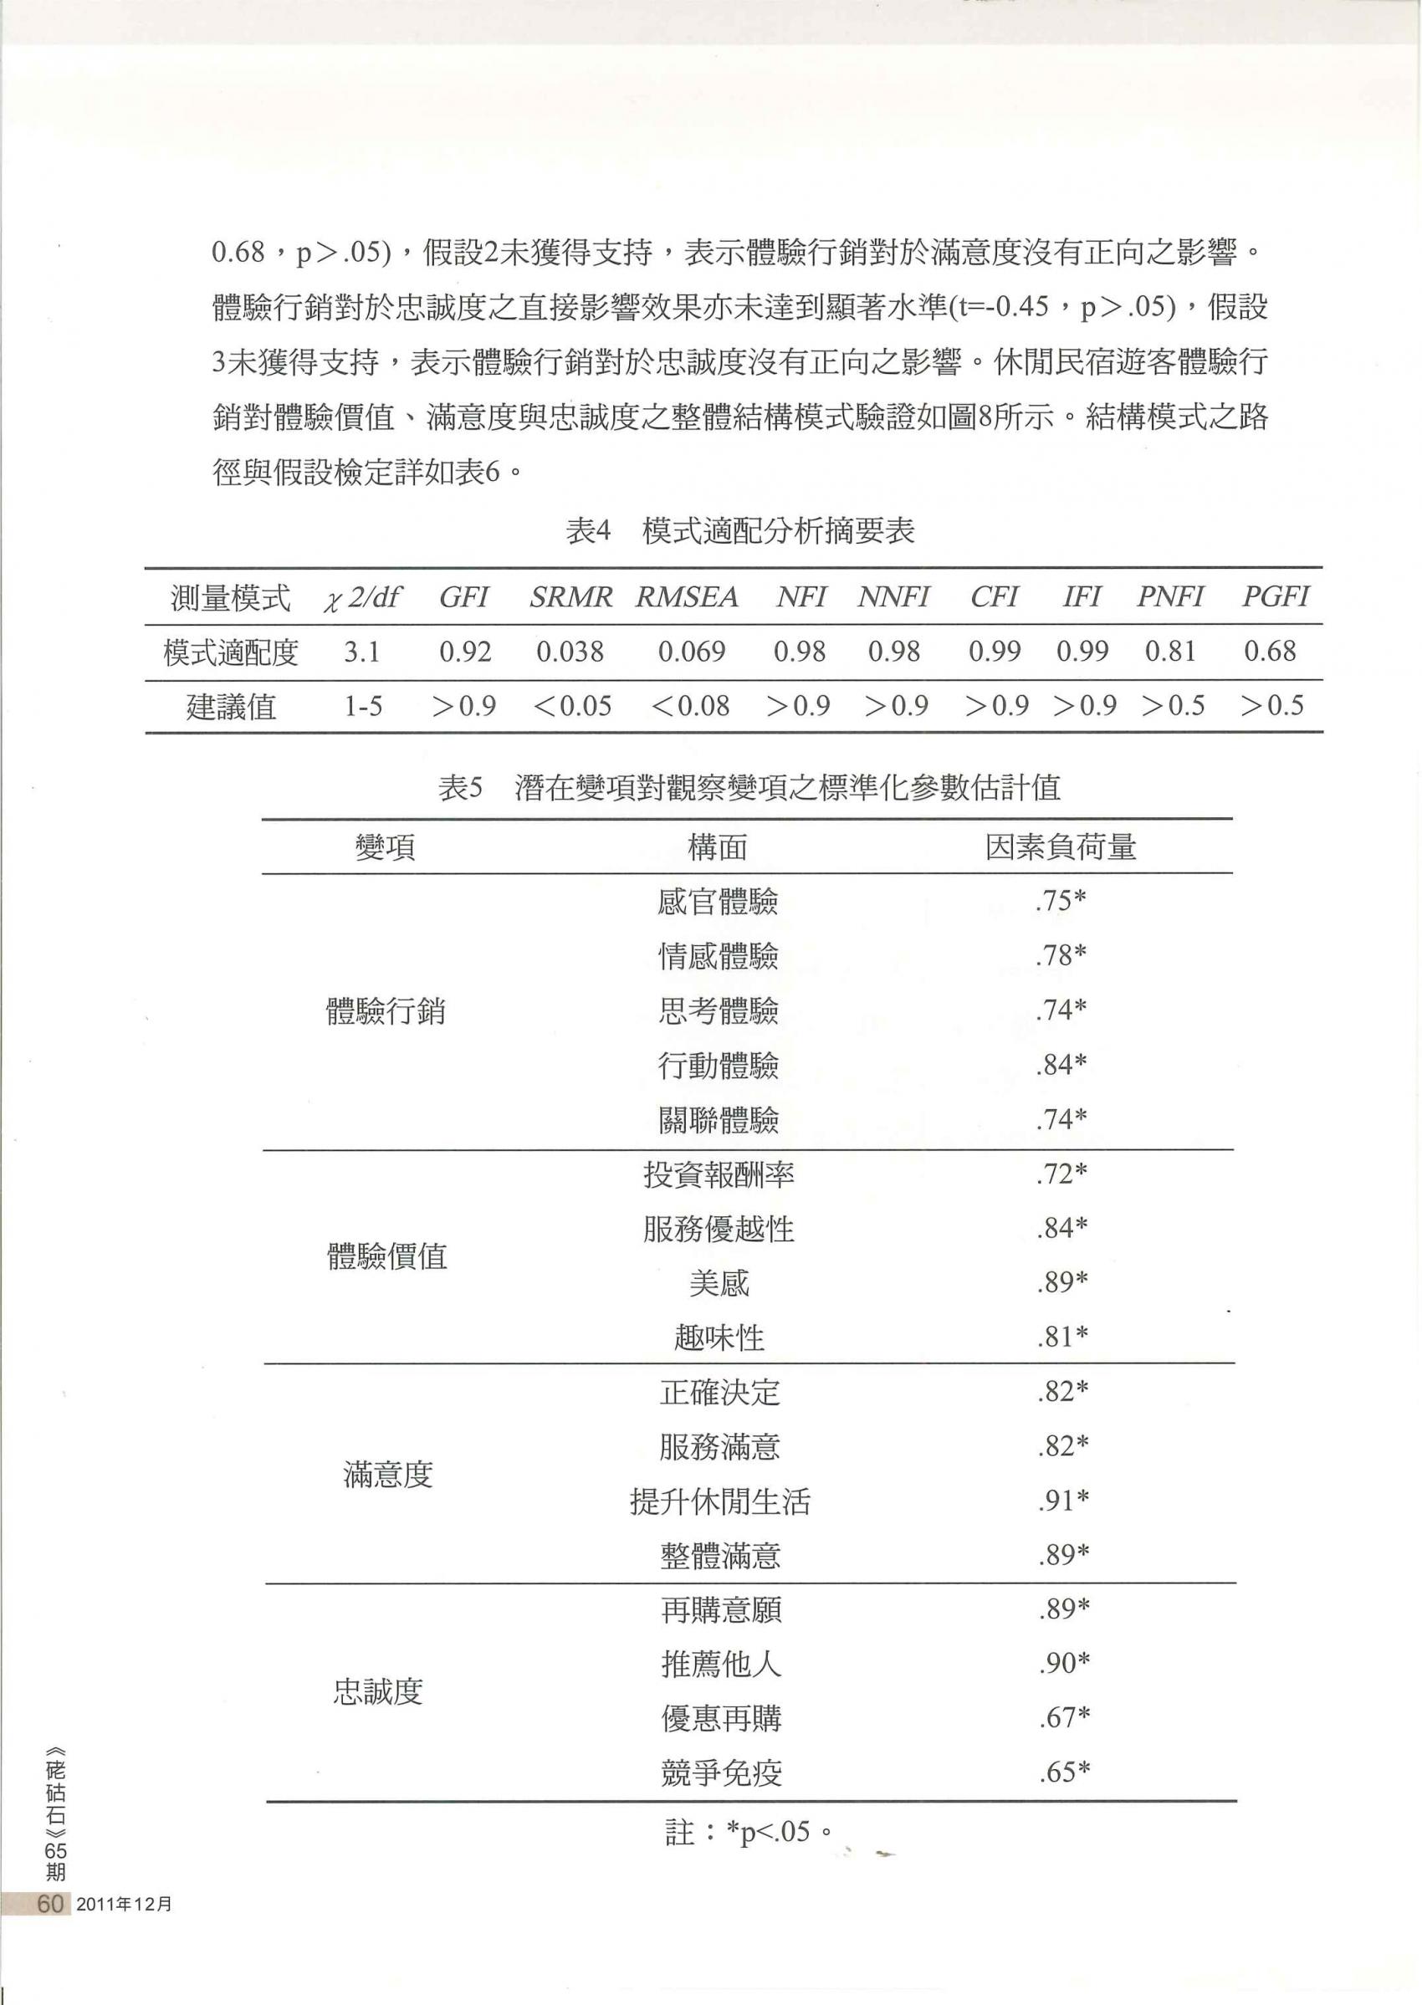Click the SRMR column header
point(571,597)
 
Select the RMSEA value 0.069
point(692,652)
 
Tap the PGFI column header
point(1275,597)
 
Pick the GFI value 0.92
point(465,652)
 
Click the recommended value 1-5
point(362,706)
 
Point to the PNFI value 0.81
point(1171,652)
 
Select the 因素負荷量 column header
point(1061,846)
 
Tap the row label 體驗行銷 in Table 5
point(386,1011)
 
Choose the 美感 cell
point(719,1283)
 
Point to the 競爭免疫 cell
point(722,1774)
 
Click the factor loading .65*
point(1065,1773)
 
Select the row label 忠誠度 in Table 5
point(378,1691)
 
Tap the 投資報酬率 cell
point(719,1175)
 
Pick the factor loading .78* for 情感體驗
point(1061,956)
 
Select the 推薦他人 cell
point(722,1665)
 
